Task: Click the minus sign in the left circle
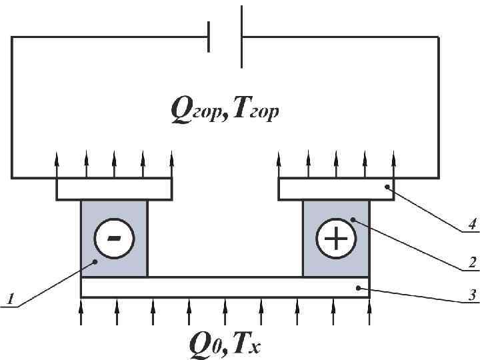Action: tap(114, 238)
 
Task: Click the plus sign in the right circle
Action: tap(335, 238)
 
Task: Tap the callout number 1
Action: tap(10, 301)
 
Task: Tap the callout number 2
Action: tap(471, 263)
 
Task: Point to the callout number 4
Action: tap(471, 225)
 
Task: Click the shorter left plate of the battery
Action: tap(209, 37)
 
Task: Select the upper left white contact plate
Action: tap(114, 189)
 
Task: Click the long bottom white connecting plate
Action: tap(224, 287)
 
